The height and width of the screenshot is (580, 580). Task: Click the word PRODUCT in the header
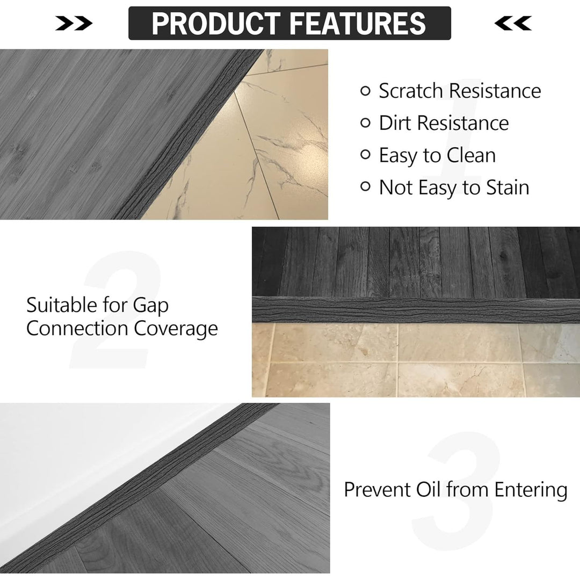coord(216,23)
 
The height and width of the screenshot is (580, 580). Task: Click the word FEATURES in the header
coord(358,23)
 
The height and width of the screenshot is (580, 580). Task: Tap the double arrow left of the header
coord(74,23)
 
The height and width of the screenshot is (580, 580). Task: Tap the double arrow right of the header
coord(513,23)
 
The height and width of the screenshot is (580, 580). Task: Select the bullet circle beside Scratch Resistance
coord(365,91)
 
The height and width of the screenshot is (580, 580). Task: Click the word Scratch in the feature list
coord(411,91)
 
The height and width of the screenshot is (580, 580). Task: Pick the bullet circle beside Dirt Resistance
coord(365,123)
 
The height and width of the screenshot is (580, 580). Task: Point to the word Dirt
coord(395,123)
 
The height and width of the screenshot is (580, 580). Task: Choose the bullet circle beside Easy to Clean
coord(365,155)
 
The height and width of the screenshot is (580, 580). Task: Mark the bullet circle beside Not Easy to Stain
coord(365,186)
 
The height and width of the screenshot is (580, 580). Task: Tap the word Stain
coord(508,187)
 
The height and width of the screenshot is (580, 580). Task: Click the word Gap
coord(150,306)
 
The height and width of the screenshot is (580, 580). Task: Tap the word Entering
coord(531,490)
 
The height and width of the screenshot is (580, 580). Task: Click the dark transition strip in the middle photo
coord(416,310)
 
